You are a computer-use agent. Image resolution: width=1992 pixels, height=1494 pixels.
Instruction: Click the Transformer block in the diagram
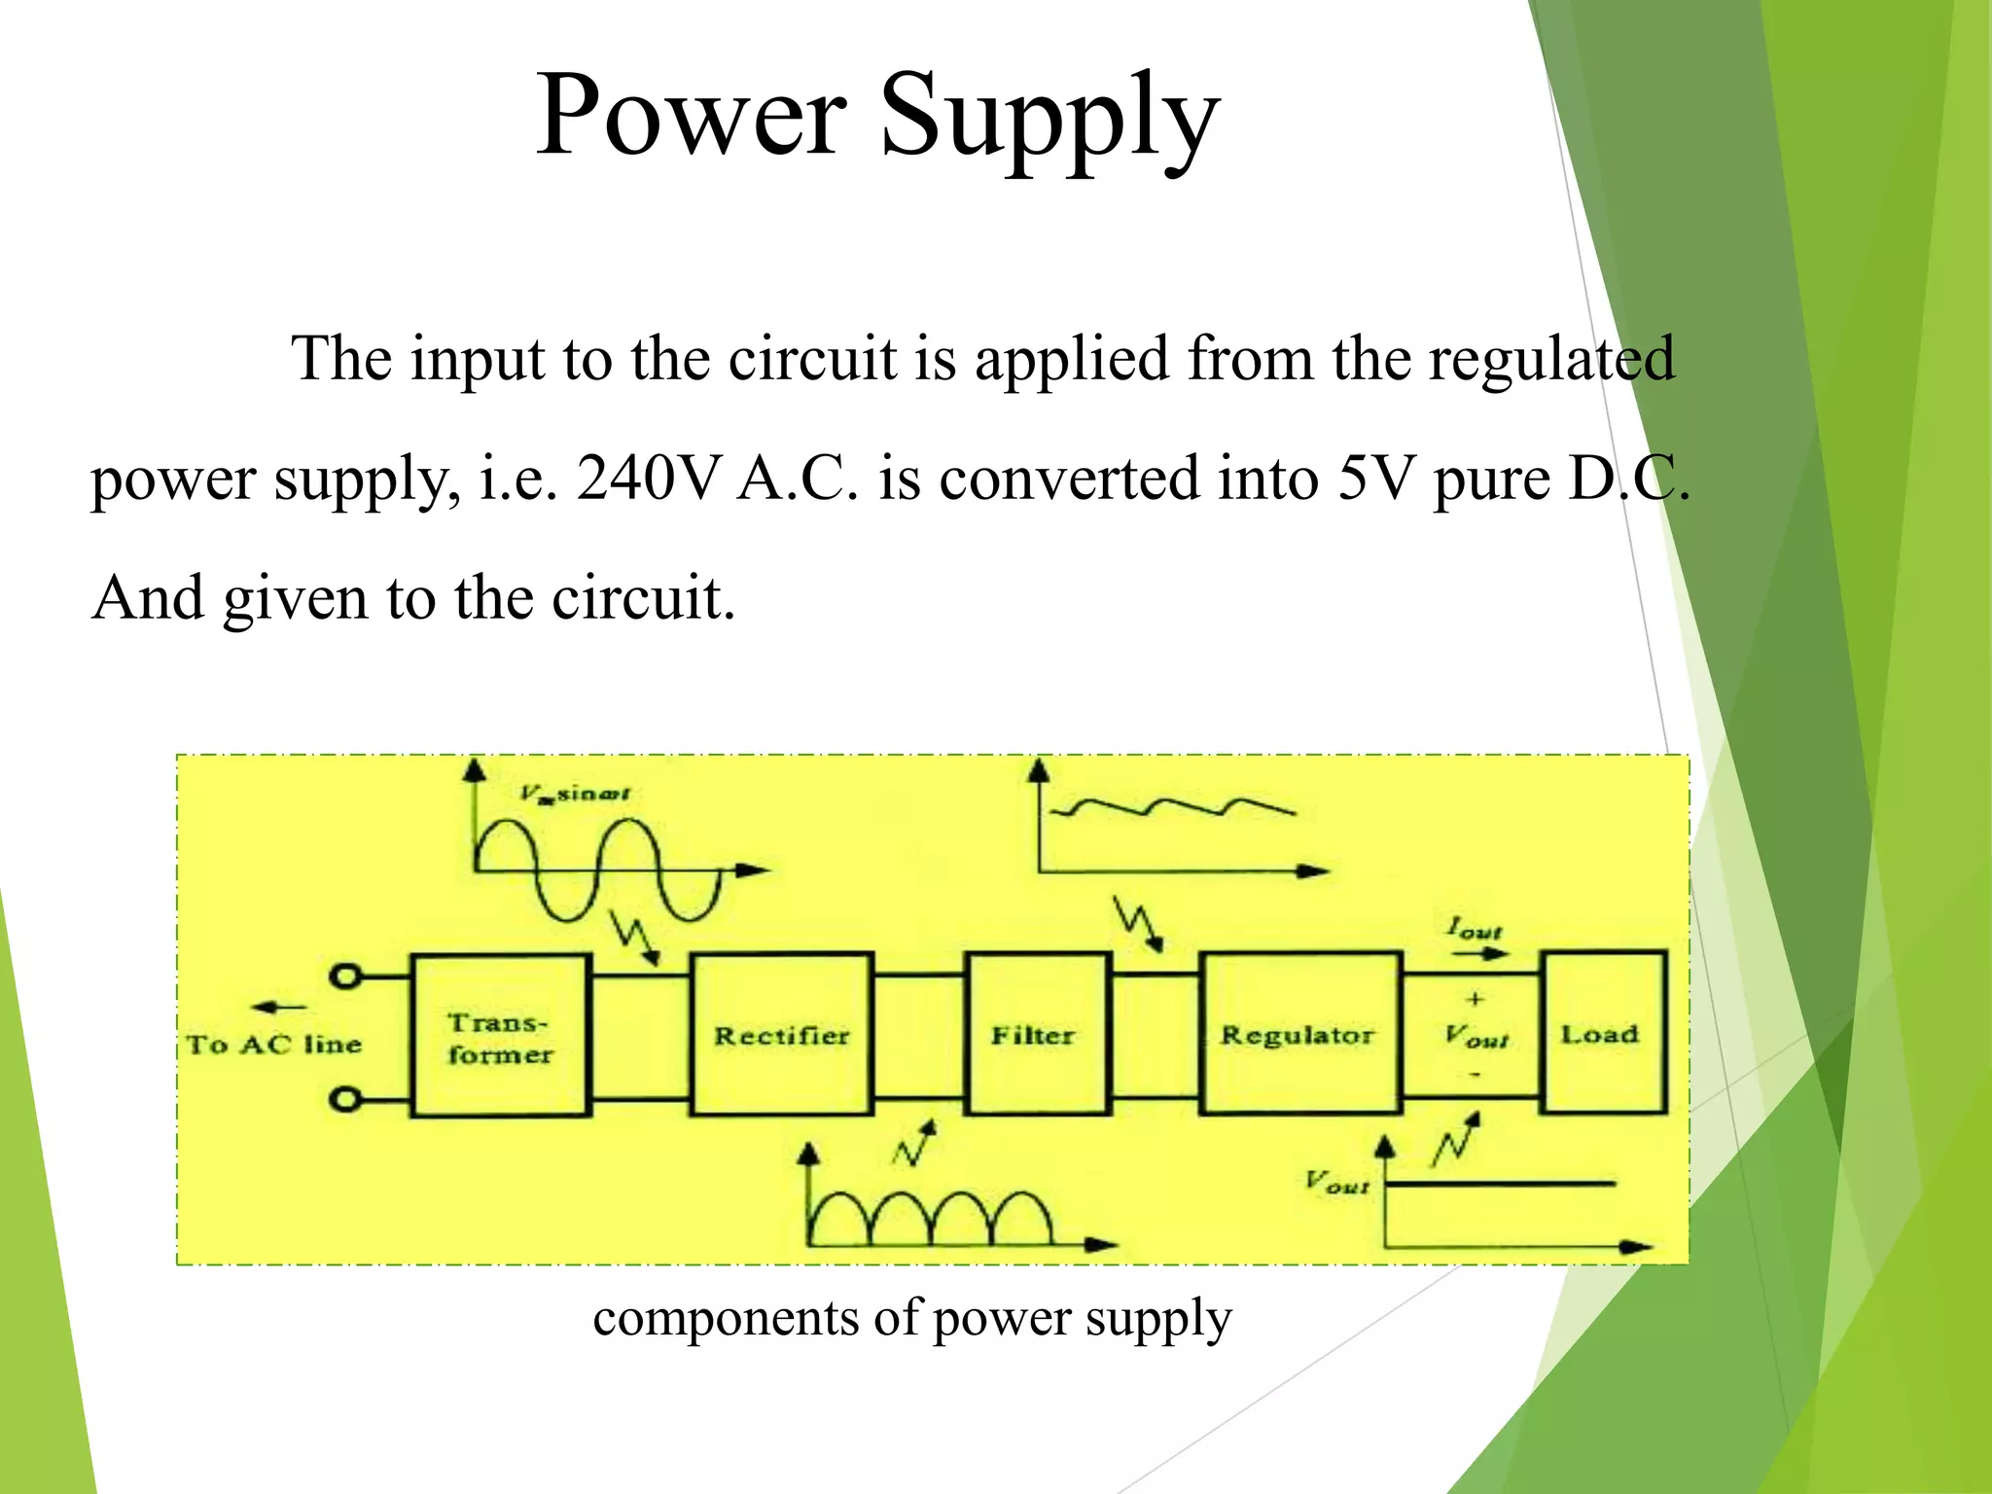500,1035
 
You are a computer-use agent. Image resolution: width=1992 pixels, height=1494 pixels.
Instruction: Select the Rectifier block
781,1035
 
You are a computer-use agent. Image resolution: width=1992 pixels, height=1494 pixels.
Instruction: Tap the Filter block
1036,1035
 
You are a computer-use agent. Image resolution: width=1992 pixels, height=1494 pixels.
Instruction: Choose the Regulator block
1299,1035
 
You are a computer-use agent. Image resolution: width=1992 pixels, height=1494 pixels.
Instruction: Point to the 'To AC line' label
274,1046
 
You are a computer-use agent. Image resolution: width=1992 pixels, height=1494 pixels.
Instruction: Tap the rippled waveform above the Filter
1177,807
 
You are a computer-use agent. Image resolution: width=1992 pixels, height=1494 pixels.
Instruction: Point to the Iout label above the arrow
1475,928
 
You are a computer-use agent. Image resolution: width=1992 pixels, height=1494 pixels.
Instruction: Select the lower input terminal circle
344,1099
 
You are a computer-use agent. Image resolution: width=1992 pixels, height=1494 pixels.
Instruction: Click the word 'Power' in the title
691,115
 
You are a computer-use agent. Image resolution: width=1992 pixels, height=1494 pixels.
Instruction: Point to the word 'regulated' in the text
1551,360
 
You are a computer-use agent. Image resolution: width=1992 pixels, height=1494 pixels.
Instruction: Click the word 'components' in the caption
725,1320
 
